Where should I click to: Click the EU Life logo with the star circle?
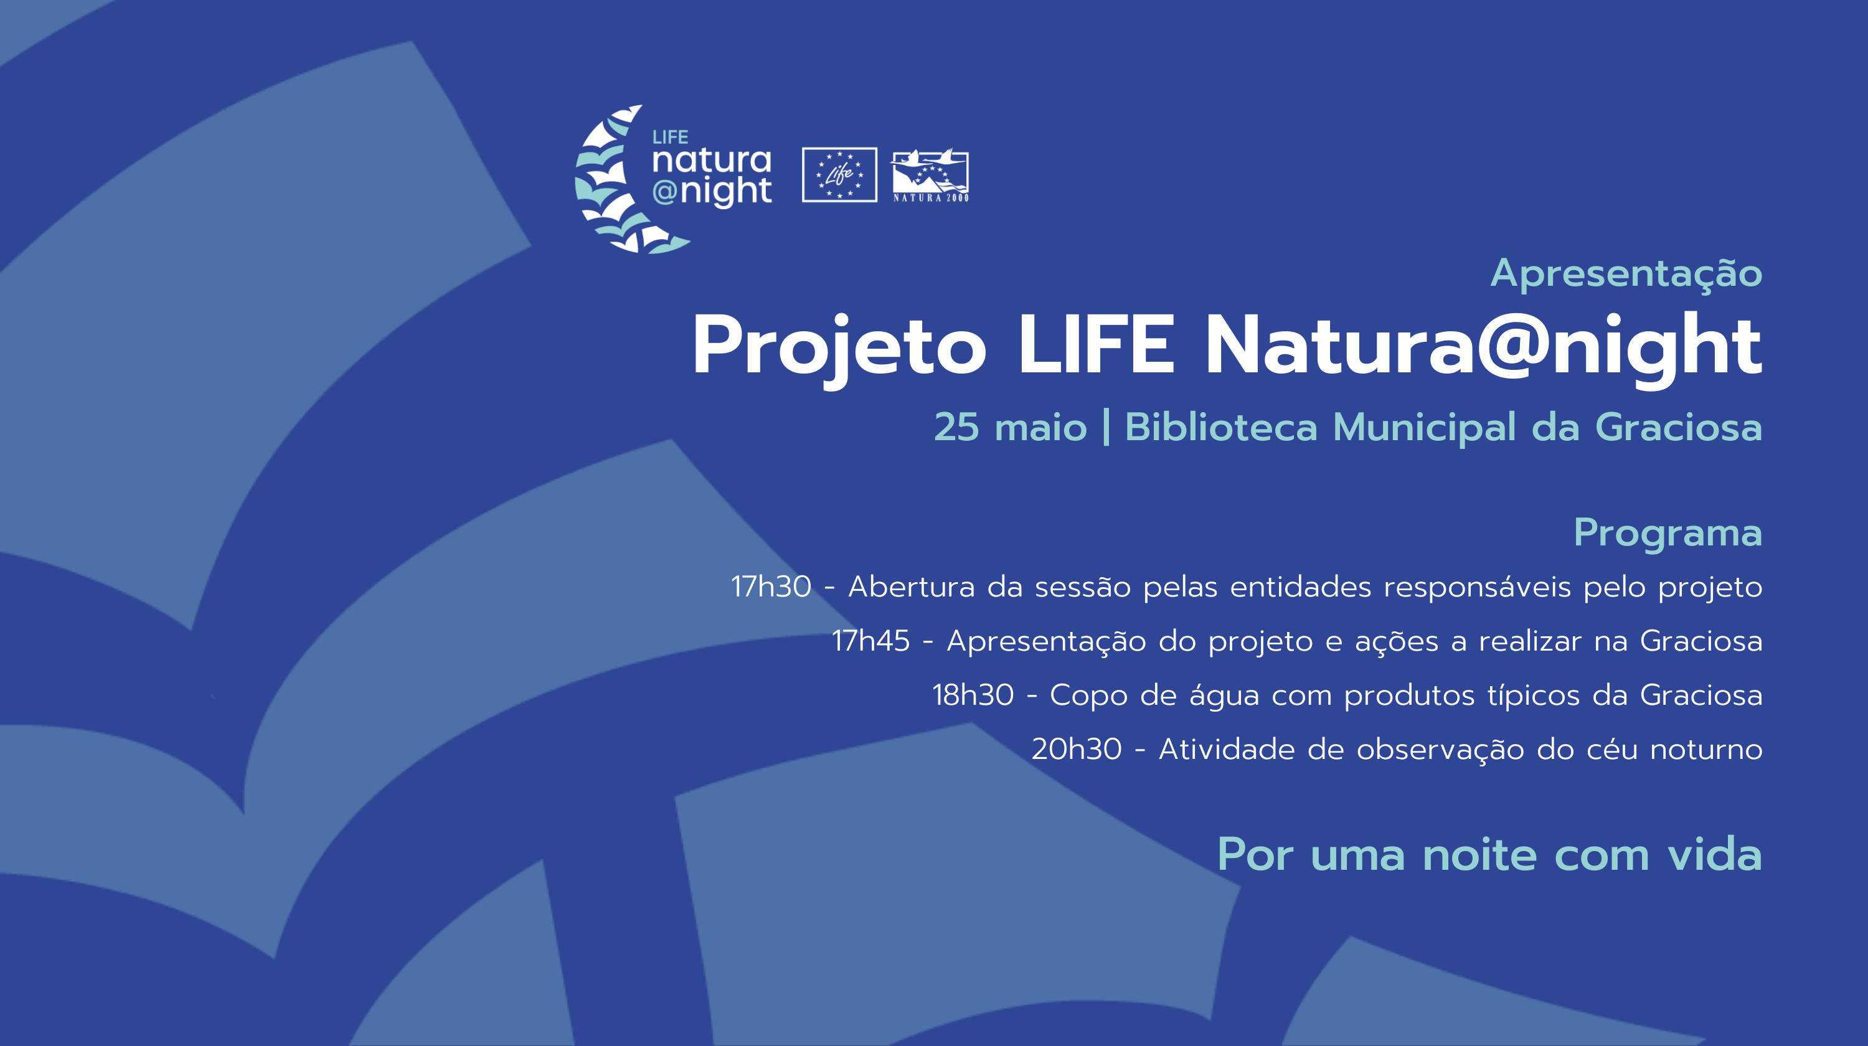(839, 175)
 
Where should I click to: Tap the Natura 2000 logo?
(930, 176)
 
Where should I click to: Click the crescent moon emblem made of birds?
(624, 179)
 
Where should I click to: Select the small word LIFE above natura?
(670, 137)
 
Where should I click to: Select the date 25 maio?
(1010, 427)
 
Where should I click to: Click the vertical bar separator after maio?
(1106, 427)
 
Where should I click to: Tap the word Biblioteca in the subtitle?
(1220, 426)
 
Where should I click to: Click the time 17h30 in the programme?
(771, 587)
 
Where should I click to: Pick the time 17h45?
(870, 641)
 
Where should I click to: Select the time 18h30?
(973, 695)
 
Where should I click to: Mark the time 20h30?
(1077, 749)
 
